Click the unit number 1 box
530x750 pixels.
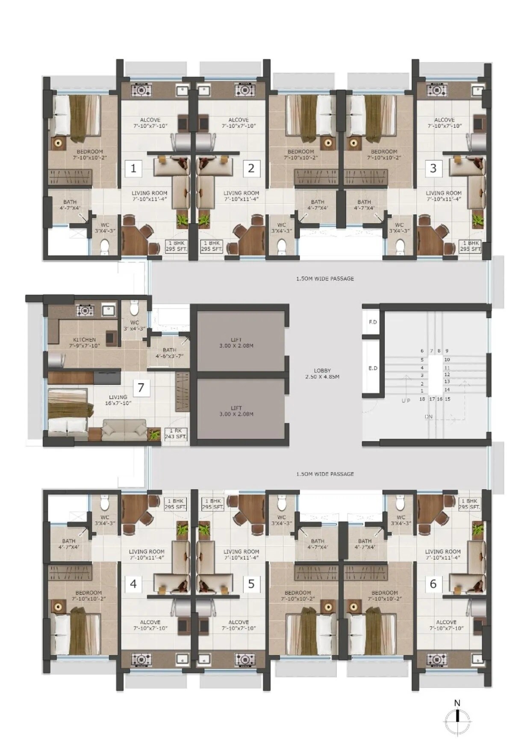pos(133,168)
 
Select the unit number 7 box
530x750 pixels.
pos(141,388)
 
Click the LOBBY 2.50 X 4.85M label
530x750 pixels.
pos(322,374)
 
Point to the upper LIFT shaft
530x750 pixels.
pos(236,342)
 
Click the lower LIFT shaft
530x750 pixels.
pos(236,410)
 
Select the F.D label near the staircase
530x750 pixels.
pos(373,322)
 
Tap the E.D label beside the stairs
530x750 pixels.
pos(373,368)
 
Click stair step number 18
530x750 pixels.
pos(422,399)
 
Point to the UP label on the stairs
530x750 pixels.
pos(406,400)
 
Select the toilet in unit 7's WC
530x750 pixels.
pos(134,308)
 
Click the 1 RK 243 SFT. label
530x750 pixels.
pos(176,434)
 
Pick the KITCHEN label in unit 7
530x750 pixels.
pos(84,340)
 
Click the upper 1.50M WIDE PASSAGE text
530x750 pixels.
pos(325,279)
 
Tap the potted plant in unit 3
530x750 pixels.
pos(477,221)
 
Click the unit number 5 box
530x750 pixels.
pos(251,584)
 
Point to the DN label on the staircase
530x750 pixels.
pos(428,416)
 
